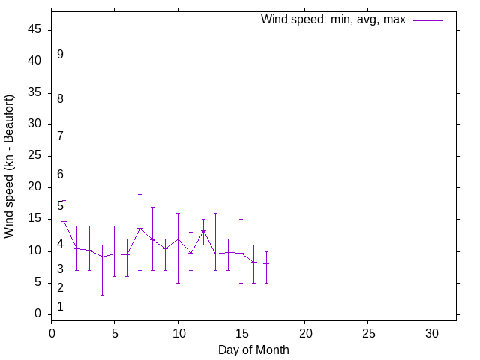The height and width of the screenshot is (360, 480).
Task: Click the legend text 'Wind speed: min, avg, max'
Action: [333, 19]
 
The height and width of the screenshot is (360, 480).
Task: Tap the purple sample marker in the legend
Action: [427, 20]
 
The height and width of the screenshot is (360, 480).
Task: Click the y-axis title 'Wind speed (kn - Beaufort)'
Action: [10, 166]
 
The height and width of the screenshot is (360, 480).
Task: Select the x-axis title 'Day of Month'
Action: [253, 349]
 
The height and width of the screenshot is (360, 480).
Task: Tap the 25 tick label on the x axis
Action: [367, 332]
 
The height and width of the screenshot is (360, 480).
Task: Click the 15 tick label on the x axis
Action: [241, 332]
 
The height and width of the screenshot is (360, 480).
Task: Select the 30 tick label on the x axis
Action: [431, 332]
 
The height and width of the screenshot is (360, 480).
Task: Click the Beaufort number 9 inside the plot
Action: [60, 55]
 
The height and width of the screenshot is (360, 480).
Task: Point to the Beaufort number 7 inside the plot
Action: [60, 136]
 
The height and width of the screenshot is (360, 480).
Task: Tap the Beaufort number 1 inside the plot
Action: [60, 306]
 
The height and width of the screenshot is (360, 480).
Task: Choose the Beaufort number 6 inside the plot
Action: [60, 174]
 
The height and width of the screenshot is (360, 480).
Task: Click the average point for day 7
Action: [139, 228]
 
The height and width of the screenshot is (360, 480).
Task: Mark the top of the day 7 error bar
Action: [139, 194]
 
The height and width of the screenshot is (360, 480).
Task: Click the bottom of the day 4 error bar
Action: [102, 295]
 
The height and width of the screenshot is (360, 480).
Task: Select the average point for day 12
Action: [203, 230]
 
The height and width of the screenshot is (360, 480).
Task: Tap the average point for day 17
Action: [266, 263]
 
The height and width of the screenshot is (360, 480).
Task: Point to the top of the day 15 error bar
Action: [241, 219]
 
